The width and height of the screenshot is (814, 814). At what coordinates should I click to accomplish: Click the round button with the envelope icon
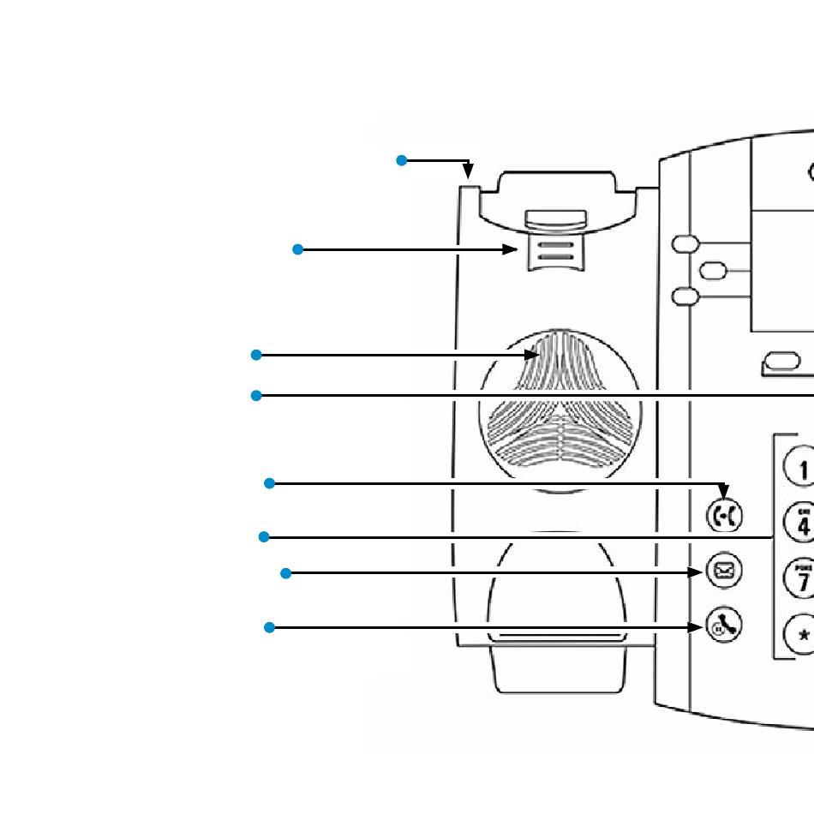coord(724,571)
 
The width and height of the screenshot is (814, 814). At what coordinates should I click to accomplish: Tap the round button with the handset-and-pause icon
coord(723,626)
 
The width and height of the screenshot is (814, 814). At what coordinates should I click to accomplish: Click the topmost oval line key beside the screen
coord(685,244)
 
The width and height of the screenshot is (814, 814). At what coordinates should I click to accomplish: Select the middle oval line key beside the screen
coord(713,271)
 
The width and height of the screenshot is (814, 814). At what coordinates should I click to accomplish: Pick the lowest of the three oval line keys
coord(685,296)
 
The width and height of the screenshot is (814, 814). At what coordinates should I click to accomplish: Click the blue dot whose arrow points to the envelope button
coord(286,572)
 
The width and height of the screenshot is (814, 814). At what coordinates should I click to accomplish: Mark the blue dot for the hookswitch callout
coord(297,249)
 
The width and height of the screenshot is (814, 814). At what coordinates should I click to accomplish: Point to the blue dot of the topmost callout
coord(401,160)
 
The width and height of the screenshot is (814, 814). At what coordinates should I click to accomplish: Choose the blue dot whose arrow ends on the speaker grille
coord(255,355)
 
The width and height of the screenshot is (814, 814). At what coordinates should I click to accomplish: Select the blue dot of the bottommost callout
coord(269,628)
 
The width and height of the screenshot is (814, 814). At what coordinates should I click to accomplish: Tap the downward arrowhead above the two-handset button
coord(724,492)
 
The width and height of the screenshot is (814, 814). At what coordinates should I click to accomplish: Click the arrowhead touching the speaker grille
coord(532,355)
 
